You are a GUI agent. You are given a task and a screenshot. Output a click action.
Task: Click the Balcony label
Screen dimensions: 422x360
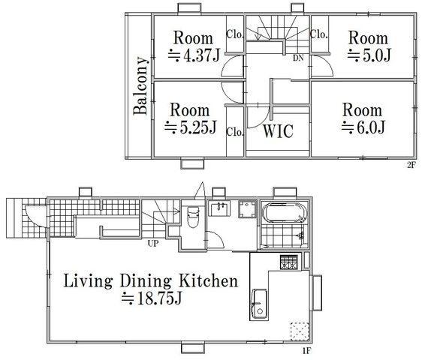click(x=140, y=85)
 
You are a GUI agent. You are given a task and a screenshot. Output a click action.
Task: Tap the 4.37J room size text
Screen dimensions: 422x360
click(x=194, y=55)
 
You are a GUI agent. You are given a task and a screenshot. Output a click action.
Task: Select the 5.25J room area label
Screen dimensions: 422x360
click(x=190, y=127)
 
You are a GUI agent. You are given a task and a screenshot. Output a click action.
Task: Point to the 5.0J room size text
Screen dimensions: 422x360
click(x=369, y=55)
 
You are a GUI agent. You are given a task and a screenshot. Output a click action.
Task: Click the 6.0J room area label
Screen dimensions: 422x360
click(x=363, y=127)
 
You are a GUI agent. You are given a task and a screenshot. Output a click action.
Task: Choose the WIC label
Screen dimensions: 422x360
click(x=278, y=131)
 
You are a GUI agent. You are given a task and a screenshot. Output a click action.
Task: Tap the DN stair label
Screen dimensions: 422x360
click(x=298, y=58)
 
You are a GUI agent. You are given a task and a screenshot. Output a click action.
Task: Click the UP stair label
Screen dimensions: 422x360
click(x=153, y=243)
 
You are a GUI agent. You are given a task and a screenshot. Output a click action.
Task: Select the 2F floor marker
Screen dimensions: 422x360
click(x=411, y=164)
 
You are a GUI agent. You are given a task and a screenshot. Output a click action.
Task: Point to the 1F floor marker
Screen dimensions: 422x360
click(x=306, y=350)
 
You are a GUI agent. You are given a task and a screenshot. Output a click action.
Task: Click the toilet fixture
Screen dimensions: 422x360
click(x=193, y=217)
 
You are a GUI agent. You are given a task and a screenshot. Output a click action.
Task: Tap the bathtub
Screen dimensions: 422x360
click(x=285, y=213)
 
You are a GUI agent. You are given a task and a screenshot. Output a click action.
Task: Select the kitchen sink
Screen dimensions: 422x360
click(x=259, y=304)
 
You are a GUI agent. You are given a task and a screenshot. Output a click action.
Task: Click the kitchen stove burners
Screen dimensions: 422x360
click(x=289, y=262)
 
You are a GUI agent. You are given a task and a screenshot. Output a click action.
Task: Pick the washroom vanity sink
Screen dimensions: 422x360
click(x=219, y=208)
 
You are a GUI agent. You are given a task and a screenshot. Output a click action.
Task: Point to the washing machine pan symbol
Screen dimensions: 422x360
click(x=247, y=209)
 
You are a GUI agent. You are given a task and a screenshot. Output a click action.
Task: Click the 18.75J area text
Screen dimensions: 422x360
click(x=152, y=298)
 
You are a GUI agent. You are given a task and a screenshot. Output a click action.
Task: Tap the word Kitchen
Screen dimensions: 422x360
click(x=209, y=280)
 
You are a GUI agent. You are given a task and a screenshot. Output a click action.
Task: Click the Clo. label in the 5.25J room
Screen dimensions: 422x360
click(x=235, y=132)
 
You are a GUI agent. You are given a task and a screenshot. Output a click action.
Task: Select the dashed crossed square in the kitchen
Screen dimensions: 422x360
click(x=300, y=331)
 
